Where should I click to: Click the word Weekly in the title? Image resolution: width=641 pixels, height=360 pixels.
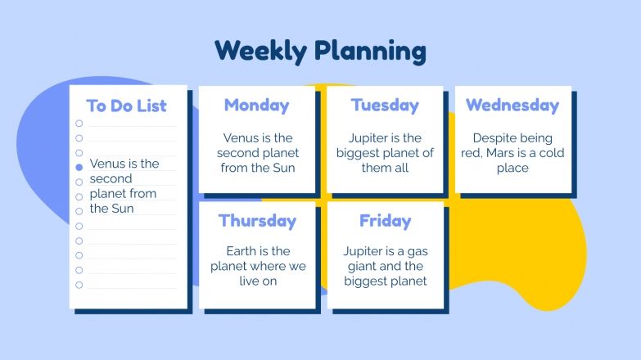click(x=259, y=51)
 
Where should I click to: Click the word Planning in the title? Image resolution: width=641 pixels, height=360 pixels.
click(x=370, y=52)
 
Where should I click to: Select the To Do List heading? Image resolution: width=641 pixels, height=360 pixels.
click(x=127, y=106)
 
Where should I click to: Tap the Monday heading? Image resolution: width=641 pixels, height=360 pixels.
click(x=256, y=105)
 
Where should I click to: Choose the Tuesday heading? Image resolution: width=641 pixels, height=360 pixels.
click(x=385, y=105)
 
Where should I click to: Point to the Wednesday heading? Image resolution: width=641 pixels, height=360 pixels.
click(x=512, y=105)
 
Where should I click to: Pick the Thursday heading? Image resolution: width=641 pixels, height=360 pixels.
click(x=257, y=221)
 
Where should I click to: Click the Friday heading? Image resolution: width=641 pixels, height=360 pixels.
click(x=385, y=221)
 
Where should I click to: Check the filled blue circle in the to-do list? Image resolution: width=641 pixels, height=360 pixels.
click(x=79, y=167)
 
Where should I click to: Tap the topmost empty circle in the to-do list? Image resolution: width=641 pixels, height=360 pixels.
click(x=79, y=124)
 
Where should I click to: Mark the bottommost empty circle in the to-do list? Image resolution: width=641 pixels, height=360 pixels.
click(x=79, y=285)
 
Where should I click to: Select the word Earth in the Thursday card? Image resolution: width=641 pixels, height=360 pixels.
click(x=243, y=251)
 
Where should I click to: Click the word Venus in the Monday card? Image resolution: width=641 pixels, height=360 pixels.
click(x=241, y=137)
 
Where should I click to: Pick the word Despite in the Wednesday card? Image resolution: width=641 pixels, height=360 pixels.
click(x=494, y=137)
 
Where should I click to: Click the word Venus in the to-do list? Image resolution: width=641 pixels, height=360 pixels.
click(x=107, y=164)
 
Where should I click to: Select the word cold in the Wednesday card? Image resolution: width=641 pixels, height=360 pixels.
click(x=552, y=153)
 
